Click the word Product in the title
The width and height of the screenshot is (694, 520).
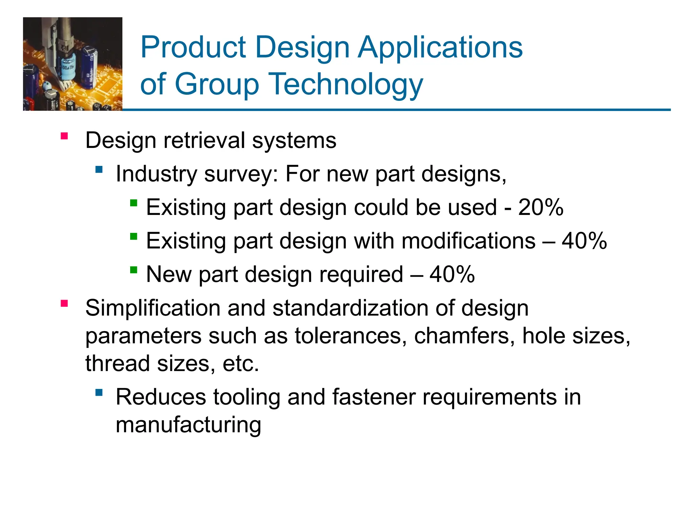[193, 47]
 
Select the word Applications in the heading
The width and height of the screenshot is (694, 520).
[440, 47]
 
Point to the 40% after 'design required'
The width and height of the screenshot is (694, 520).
[452, 274]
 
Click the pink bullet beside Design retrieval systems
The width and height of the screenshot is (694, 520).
[64, 136]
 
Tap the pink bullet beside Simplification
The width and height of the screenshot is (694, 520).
[64, 303]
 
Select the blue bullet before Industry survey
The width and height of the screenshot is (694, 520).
[99, 169]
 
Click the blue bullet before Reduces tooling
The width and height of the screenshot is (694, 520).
[99, 392]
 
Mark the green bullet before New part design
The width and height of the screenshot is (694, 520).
[134, 270]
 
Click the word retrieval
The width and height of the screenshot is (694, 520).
[204, 140]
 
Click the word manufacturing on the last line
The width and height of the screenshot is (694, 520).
[188, 425]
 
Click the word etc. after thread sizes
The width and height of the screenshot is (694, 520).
[241, 364]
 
